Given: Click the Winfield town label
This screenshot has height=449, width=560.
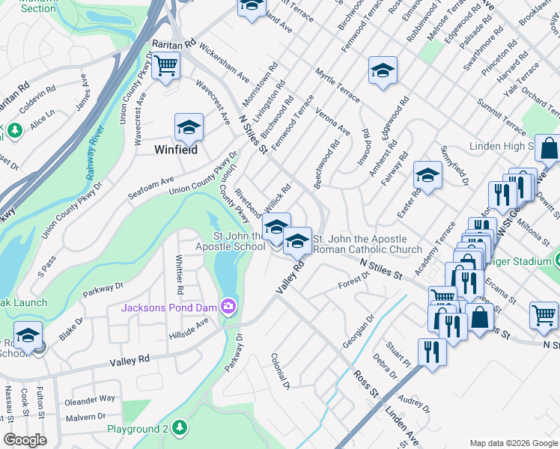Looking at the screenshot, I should [175, 150].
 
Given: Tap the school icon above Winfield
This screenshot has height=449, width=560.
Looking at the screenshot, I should [189, 127].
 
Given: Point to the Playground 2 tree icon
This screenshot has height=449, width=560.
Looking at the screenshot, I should [178, 428].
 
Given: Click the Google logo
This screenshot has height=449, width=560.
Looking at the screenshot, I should [25, 440].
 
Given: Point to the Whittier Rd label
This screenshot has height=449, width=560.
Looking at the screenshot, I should [179, 274].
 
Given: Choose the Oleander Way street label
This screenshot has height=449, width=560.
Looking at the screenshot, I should [91, 399].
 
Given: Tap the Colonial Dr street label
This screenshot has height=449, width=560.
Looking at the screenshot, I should [280, 372].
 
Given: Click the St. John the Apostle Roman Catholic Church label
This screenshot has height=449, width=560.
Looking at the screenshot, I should [368, 244].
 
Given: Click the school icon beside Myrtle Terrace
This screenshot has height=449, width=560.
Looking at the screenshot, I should [383, 71].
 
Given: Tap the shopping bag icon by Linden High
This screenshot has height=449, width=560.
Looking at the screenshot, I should [548, 150].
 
